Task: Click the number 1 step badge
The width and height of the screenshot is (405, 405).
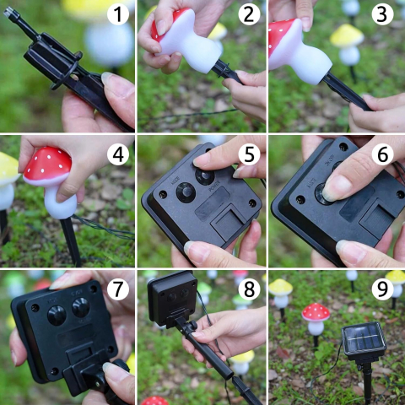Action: click(118, 14)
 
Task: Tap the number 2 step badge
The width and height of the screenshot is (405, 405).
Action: click(249, 14)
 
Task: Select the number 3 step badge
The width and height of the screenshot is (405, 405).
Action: click(382, 14)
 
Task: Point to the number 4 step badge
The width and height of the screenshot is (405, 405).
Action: click(118, 154)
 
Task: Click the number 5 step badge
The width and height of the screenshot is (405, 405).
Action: click(249, 154)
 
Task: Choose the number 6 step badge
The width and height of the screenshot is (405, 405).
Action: click(382, 154)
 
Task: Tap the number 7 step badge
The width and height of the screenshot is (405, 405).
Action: click(118, 289)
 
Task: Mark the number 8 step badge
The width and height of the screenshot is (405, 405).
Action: click(249, 289)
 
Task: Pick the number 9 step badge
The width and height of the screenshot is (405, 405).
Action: click(382, 289)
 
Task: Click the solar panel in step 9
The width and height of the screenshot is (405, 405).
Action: click(364, 341)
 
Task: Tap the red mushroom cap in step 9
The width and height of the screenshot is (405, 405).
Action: click(316, 312)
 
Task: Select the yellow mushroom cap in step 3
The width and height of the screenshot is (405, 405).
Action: click(347, 35)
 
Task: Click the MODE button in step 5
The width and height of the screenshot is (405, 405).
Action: click(186, 192)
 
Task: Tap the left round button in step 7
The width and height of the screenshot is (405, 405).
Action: click(57, 316)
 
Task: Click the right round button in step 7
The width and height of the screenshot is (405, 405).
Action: click(81, 307)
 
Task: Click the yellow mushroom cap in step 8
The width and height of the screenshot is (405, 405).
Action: click(242, 357)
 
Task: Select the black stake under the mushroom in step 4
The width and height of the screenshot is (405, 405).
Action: click(71, 241)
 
